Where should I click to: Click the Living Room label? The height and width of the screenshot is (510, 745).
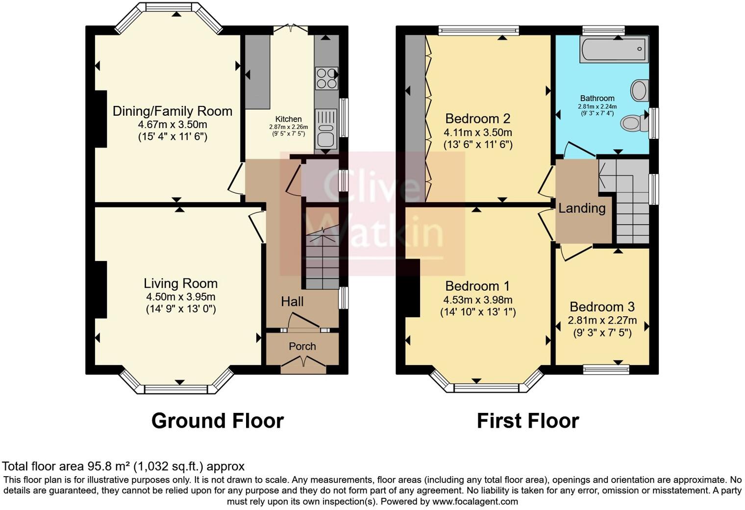pos(180,283)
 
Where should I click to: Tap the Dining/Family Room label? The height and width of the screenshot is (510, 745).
pos(173,111)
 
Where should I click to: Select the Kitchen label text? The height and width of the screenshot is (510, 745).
pos(288,119)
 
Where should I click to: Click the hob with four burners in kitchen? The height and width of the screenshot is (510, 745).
pos(326,78)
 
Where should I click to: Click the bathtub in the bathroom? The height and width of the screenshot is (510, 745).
pos(614,49)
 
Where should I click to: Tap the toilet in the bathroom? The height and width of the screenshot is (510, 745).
pos(634,123)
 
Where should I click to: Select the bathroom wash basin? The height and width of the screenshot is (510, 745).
pos(639,91)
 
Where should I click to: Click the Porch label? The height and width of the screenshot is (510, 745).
pos(302,346)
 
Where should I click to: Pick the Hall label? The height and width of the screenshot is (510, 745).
pos(292,302)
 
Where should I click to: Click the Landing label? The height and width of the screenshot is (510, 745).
pos(582,208)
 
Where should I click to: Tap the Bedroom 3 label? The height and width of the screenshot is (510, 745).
pos(602,307)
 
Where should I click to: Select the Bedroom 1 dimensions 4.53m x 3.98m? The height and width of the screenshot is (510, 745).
pos(477,300)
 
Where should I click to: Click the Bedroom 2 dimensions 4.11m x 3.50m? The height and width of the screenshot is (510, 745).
pos(477,132)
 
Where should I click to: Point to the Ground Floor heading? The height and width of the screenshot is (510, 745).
pos(217,421)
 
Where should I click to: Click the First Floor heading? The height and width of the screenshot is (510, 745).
pos(527,421)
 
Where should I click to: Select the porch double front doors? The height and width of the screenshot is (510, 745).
pos(302,362)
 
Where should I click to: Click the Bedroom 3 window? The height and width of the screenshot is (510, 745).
pos(606,369)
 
